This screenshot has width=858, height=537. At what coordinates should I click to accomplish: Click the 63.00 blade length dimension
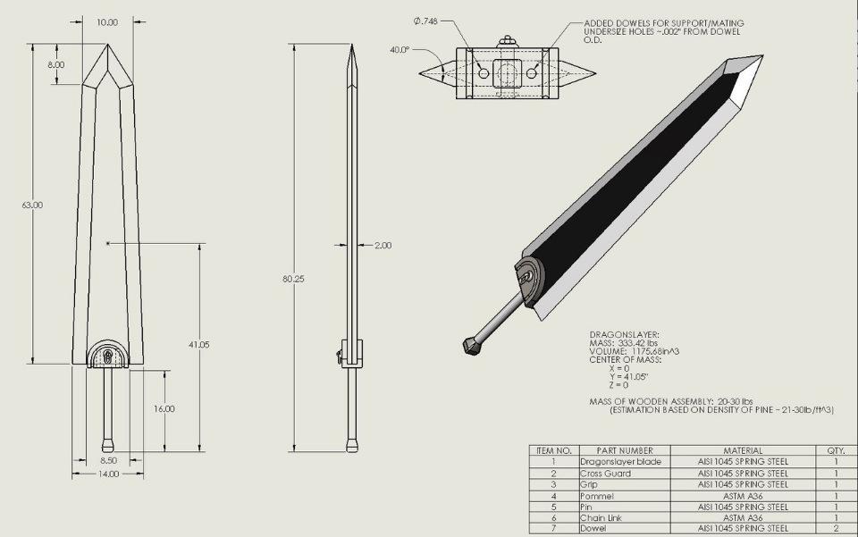(x=32, y=206)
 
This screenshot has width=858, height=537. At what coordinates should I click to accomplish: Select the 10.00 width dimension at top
(x=107, y=22)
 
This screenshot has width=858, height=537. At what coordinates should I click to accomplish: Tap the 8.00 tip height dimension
(x=55, y=64)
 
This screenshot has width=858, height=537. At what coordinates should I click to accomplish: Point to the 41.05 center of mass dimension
(x=198, y=345)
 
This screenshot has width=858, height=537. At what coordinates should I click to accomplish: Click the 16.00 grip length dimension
(x=164, y=409)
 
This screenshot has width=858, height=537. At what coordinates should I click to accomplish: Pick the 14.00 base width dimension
(x=108, y=474)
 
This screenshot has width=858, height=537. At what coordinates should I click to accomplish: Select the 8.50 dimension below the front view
(x=108, y=460)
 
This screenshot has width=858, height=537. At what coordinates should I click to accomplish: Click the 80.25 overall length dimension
(x=293, y=279)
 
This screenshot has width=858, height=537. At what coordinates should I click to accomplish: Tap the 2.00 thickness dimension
(x=383, y=246)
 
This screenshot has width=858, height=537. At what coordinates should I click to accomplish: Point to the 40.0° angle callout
(x=400, y=50)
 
